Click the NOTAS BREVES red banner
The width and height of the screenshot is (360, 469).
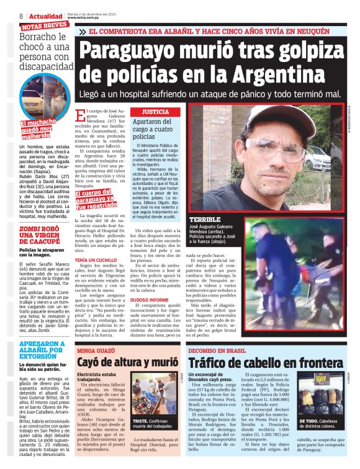click(44, 27)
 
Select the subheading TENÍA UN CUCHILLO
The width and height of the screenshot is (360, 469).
click(97, 259)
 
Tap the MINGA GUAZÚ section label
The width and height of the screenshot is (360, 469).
click(96, 351)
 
